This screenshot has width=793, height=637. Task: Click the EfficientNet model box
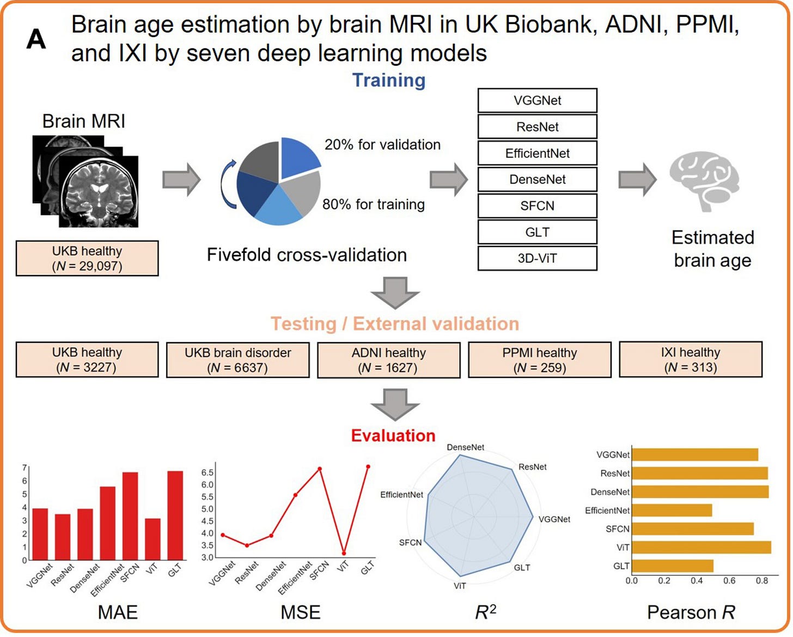537,153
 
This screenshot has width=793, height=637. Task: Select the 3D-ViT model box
537,258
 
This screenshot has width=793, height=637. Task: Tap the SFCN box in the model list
537,206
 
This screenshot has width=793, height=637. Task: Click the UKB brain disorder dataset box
237,360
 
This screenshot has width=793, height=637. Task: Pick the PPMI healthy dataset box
539,360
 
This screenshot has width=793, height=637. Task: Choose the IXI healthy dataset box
690,360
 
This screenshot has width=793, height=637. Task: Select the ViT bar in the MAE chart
152,539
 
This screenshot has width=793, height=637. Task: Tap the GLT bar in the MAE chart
175,515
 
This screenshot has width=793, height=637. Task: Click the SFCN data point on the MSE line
320,469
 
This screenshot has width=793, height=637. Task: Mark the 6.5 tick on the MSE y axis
207,472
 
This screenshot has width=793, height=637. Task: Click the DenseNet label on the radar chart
465,447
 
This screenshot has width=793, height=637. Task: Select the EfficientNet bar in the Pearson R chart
672,511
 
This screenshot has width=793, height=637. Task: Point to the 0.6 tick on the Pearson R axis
729,581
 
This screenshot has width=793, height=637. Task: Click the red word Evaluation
393,435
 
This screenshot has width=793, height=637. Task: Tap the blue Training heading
388,80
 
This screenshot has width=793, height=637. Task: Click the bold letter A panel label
36,39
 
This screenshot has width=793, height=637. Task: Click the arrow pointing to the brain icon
637,179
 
